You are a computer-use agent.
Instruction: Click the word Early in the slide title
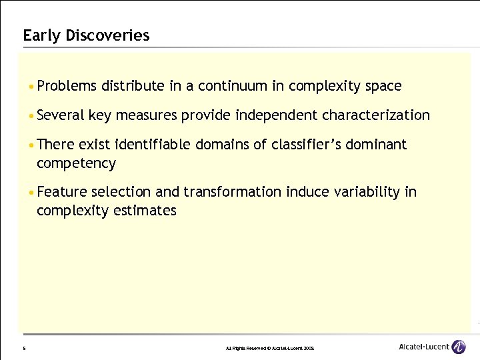[42, 35]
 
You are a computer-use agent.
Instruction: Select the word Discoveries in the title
[107, 35]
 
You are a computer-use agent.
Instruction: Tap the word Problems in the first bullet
[67, 86]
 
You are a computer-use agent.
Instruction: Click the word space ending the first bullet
[383, 86]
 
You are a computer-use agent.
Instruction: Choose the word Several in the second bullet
[61, 115]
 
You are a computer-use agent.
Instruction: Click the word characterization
[376, 115]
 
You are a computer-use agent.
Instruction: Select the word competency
[76, 163]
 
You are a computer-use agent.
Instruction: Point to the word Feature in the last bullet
[62, 193]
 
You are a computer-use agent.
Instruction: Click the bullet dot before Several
[31, 116]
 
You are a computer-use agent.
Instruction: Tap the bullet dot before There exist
[31, 145]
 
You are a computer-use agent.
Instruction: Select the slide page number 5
[24, 348]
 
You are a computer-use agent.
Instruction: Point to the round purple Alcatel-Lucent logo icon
[459, 347]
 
